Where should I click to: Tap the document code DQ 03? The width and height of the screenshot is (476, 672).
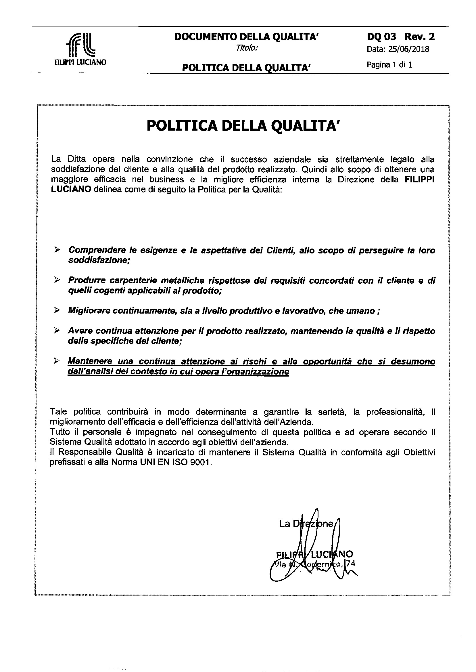(381, 37)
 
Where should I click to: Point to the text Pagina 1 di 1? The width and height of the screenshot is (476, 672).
(389, 65)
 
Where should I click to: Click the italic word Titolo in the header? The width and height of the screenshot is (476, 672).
(247, 48)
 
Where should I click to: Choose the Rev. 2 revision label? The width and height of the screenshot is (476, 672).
(419, 37)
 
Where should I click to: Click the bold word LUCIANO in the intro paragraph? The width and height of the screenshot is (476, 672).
(71, 190)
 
